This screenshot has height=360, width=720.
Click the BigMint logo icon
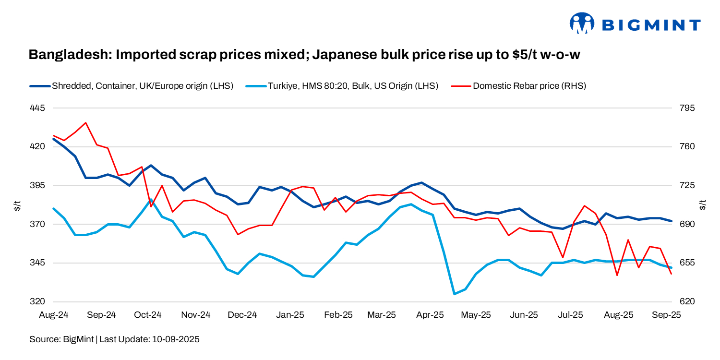pos(582,24)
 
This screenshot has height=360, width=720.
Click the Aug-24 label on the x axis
pos(54,315)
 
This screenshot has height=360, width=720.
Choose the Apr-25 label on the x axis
pos(430,315)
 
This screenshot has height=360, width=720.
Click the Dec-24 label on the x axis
pos(242,315)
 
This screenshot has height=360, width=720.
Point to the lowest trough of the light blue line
pos(454,294)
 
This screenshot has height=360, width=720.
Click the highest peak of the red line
pos(85,123)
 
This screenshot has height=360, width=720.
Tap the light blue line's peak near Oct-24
pos(151,200)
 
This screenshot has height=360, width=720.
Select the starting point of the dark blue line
pos(54,139)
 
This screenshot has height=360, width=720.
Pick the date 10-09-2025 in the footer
pos(175,339)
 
